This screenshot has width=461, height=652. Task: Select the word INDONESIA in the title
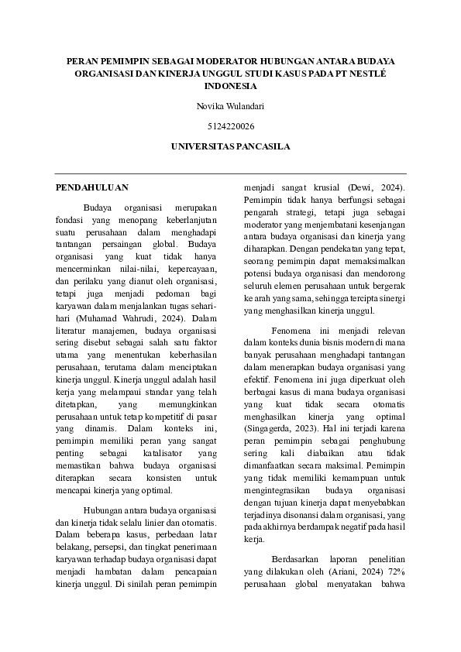coord(230,87)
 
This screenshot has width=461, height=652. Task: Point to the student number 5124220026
coord(230,125)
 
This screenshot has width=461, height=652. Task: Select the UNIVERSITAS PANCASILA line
coord(230,146)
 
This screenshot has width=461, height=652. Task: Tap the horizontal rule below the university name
coord(230,173)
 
